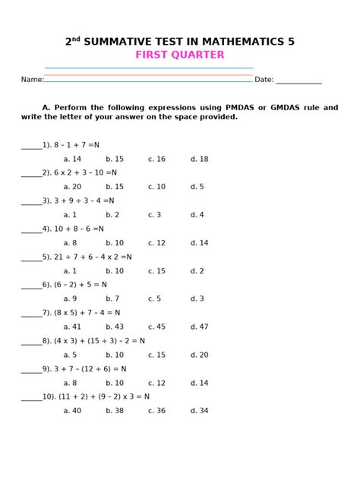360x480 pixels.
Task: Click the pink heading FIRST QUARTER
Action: (180, 55)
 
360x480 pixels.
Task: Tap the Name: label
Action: (32, 80)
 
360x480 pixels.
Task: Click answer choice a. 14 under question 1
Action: (72, 159)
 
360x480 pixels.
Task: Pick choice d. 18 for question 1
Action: (199, 159)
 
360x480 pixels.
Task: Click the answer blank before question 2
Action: (31, 173)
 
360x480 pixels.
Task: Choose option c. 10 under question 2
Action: (156, 187)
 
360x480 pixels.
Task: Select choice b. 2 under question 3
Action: (112, 215)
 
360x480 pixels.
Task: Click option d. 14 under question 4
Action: (199, 243)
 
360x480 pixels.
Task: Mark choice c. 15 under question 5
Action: (156, 271)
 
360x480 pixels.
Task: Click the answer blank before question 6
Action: (31, 285)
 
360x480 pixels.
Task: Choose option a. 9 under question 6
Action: (70, 299)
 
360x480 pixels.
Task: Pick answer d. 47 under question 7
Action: (199, 327)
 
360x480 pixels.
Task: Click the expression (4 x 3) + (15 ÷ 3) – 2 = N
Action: (98, 341)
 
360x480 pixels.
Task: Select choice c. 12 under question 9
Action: (156, 383)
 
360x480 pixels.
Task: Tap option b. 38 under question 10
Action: (115, 411)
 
